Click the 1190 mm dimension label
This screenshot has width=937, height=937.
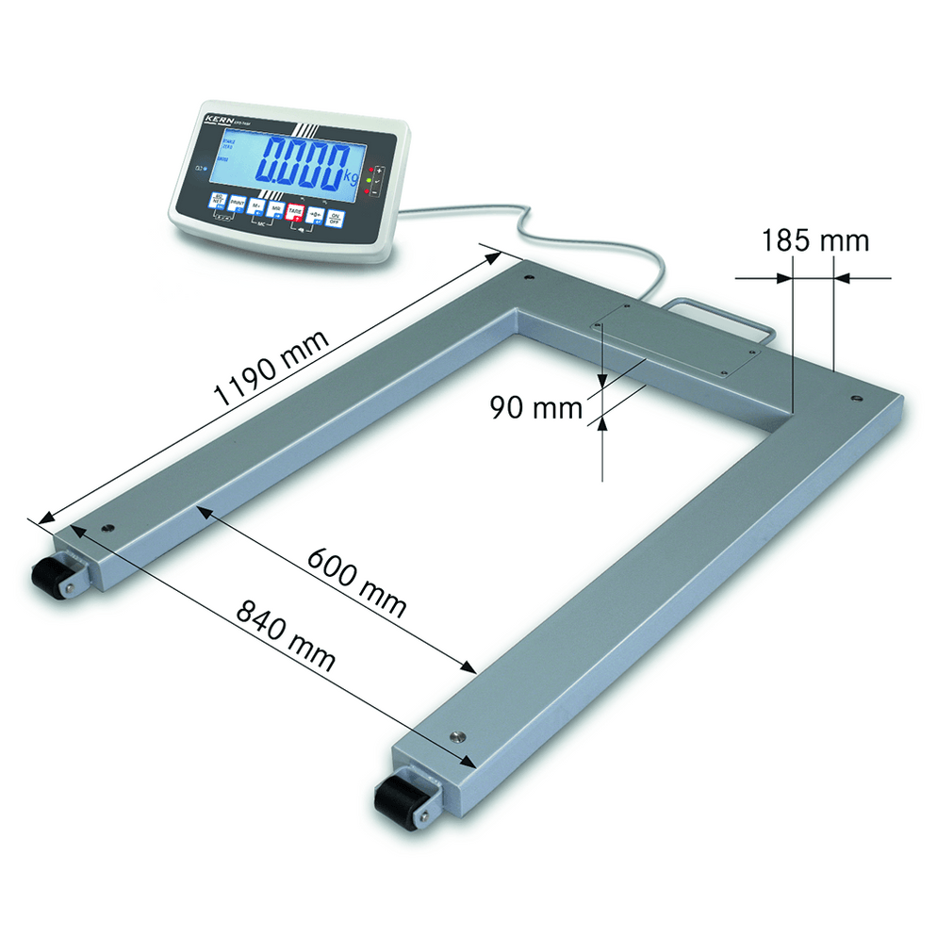pos(273,368)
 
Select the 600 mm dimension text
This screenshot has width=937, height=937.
pos(357,581)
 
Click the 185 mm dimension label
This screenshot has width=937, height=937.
pos(815,240)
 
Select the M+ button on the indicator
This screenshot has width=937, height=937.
pos(255,206)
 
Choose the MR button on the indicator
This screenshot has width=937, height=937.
pos(275,209)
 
